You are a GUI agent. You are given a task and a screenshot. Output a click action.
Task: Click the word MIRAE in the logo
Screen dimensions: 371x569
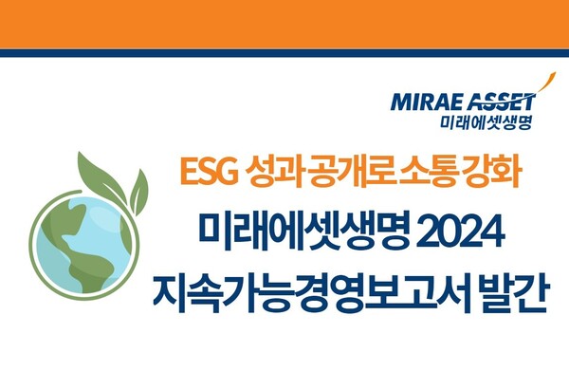pos(421,102)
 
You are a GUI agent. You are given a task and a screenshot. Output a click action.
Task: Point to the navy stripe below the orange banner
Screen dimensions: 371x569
pos(284,53)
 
